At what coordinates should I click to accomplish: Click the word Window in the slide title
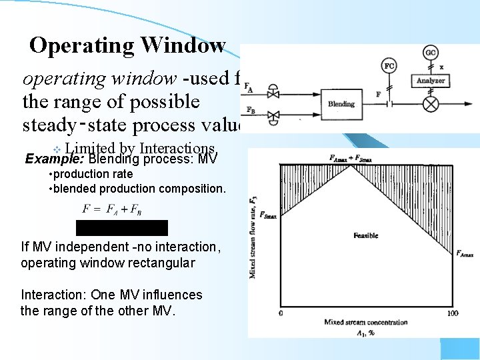click(x=182, y=45)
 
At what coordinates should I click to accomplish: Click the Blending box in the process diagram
click(x=341, y=104)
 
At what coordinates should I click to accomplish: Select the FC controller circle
click(x=390, y=66)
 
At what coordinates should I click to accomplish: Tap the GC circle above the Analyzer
click(x=431, y=53)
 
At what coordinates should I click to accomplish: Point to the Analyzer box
click(x=431, y=81)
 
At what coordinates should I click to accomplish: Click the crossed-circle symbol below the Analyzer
click(x=431, y=104)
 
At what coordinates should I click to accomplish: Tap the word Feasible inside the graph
click(x=365, y=235)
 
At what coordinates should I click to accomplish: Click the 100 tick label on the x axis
click(x=453, y=313)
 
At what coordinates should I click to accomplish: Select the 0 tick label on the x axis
click(x=281, y=313)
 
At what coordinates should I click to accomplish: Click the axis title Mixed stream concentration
click(x=365, y=322)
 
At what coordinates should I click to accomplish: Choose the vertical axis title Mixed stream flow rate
click(x=253, y=237)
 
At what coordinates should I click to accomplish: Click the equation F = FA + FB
click(x=111, y=209)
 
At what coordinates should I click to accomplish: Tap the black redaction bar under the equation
click(x=121, y=227)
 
